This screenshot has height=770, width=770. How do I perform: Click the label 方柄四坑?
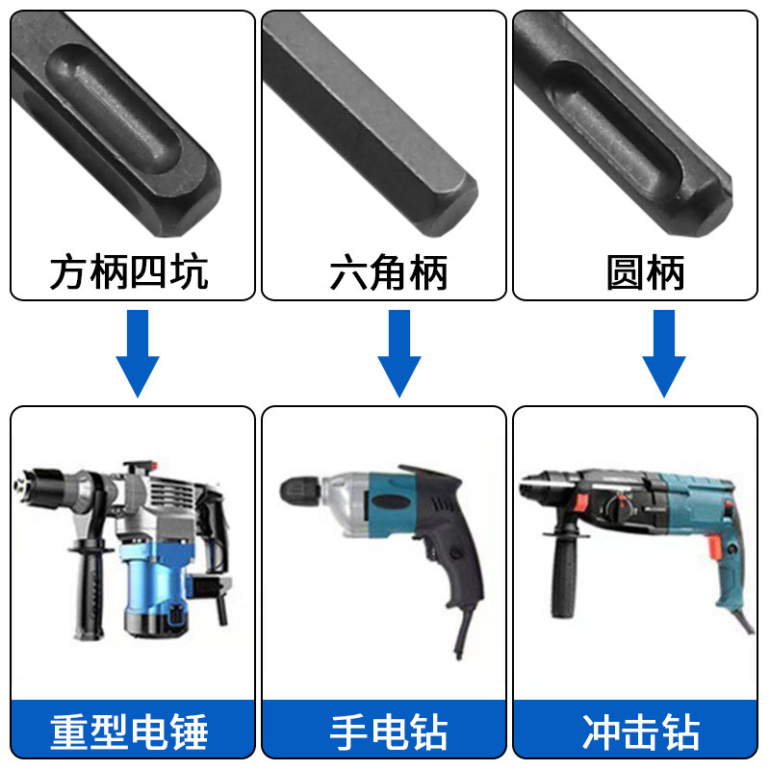click(x=129, y=272)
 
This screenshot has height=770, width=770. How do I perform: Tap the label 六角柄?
click(x=388, y=272)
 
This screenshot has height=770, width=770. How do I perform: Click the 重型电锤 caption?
click(x=129, y=731)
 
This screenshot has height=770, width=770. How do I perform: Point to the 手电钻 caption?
click(x=388, y=731)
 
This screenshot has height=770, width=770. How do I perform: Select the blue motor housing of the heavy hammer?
click(x=159, y=587)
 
